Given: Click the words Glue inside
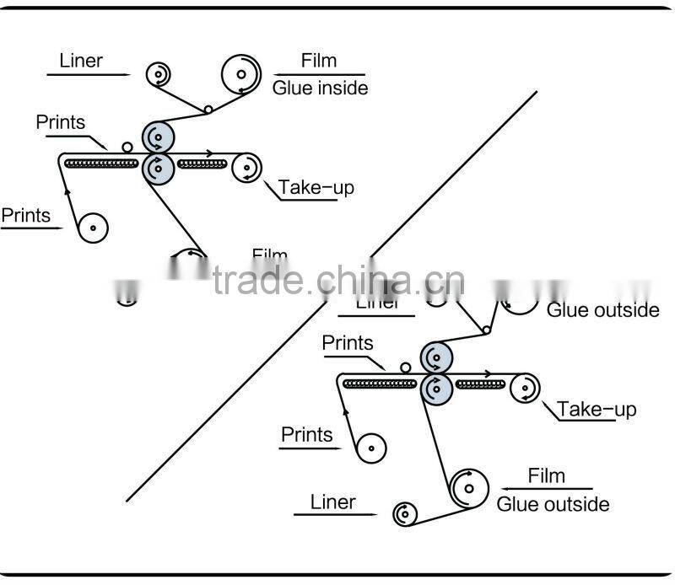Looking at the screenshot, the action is click(320, 87).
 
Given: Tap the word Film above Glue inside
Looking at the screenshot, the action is click(319, 61).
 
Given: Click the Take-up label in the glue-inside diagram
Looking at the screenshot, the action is click(316, 187).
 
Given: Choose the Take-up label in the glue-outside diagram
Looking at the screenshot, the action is click(597, 410).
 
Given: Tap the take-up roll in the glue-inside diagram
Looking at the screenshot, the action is click(246, 168).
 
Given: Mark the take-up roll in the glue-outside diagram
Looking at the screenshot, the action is click(525, 388).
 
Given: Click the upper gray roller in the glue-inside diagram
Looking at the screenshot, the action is click(158, 137).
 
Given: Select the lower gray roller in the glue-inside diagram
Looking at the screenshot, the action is click(158, 168).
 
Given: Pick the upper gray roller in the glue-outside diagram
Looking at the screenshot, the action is click(436, 357).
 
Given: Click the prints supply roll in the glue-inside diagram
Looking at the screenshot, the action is click(93, 227).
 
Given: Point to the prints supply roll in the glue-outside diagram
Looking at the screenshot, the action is click(370, 447).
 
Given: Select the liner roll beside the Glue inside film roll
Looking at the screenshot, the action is click(158, 75).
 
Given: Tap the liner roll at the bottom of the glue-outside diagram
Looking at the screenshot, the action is click(404, 513).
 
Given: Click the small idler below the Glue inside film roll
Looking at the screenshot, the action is click(208, 110).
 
